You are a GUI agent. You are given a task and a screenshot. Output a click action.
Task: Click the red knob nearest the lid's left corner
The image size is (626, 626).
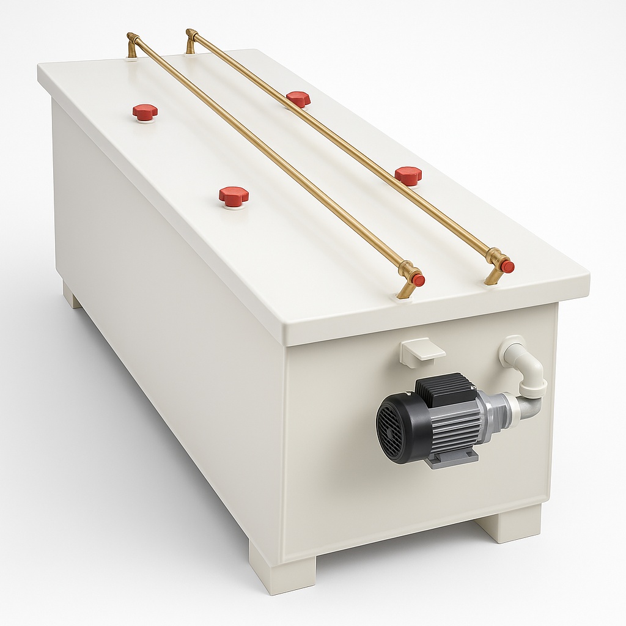point(145,112)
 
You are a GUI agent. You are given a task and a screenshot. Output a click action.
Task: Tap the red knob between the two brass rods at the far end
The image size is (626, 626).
point(298,98)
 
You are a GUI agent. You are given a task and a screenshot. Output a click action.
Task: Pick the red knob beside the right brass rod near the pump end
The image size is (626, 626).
point(408,175)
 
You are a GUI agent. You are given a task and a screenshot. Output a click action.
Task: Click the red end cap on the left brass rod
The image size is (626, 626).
point(418,280)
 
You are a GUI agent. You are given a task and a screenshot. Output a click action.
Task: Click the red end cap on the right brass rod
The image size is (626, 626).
point(507,267)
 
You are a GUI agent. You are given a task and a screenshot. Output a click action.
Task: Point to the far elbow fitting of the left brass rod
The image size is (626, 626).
point(131,44)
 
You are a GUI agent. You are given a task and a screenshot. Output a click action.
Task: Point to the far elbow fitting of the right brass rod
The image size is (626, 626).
point(191,39)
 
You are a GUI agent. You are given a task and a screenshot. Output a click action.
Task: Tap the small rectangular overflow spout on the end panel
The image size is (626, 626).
point(422,351)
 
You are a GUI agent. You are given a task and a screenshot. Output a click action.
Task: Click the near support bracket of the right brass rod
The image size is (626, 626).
point(495,274)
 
